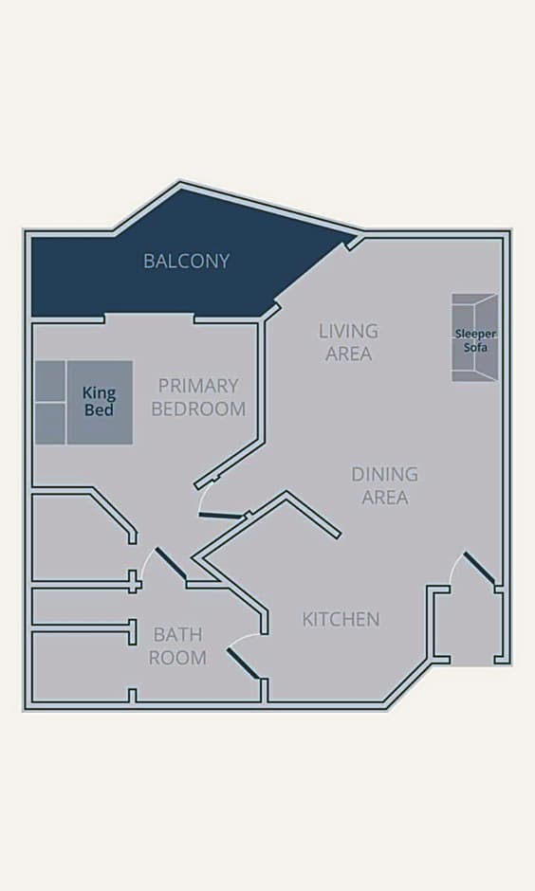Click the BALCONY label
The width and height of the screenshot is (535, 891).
(x=187, y=261)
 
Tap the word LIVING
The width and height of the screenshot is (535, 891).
(x=348, y=331)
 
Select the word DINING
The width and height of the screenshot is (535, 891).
(x=384, y=474)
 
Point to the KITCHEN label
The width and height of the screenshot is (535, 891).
(x=341, y=619)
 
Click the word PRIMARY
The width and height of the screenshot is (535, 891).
(x=198, y=386)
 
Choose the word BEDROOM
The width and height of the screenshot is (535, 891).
(x=198, y=409)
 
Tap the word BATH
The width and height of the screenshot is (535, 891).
(x=178, y=634)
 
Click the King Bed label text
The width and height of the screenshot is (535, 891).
(x=99, y=401)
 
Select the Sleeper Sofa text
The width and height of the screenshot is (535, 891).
(x=475, y=339)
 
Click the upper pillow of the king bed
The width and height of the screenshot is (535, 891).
(x=50, y=381)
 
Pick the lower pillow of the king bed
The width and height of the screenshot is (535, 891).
(x=50, y=424)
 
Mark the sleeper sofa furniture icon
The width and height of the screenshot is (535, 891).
(x=474, y=337)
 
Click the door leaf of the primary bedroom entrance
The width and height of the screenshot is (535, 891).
(x=222, y=516)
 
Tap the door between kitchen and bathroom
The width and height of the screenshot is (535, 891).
(x=244, y=664)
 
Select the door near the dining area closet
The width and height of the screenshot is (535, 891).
(x=479, y=568)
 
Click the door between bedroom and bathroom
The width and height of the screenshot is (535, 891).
(x=171, y=564)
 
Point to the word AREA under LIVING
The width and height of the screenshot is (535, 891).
(x=348, y=354)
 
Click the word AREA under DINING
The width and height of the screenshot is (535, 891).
(x=385, y=498)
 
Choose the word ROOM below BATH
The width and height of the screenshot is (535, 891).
(x=177, y=658)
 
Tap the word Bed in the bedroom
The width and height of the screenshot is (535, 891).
(x=99, y=409)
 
